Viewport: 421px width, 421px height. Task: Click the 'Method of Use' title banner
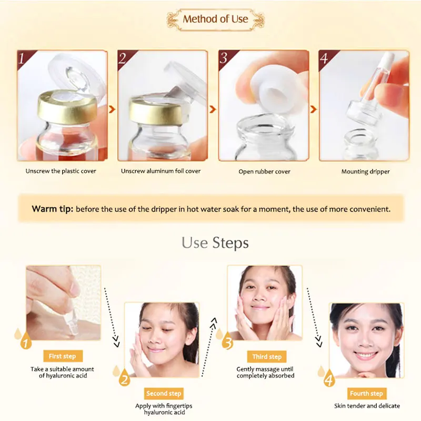coord(215,19)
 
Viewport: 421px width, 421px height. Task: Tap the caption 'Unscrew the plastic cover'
coord(61,171)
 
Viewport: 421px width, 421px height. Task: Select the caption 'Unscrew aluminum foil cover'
coord(161,171)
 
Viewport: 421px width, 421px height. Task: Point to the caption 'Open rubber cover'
coord(265,172)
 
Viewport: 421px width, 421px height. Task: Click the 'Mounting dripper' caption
coord(365,172)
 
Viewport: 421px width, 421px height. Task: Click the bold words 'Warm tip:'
coord(52,209)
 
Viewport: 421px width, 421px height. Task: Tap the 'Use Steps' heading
coord(215,243)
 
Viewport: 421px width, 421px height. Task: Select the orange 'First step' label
coord(62,356)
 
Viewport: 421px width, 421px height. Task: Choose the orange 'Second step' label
coord(164,393)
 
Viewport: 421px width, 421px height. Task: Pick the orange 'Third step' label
coord(267,356)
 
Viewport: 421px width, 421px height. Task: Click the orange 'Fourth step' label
coord(366,393)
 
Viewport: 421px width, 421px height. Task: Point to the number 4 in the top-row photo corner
coord(325,58)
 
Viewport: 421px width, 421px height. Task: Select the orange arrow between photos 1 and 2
coord(111,109)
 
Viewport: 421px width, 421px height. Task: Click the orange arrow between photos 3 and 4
coord(313,109)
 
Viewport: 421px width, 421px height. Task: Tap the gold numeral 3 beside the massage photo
coord(227,343)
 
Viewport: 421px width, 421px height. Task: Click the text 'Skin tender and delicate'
coord(367,406)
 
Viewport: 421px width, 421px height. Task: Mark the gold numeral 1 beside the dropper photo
coord(24,343)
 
